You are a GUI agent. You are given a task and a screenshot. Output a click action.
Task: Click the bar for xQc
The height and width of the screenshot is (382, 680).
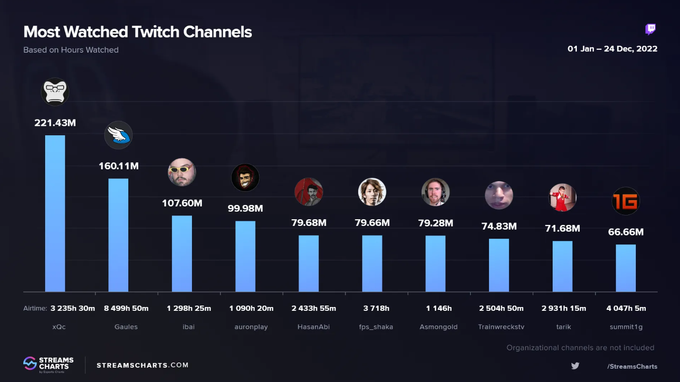[55, 214]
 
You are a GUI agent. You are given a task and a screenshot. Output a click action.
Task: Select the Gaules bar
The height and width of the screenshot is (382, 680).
[118, 235]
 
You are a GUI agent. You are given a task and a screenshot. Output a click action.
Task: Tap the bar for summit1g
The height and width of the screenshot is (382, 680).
[626, 268]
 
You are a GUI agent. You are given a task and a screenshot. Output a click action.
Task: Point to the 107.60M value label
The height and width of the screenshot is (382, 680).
[182, 203]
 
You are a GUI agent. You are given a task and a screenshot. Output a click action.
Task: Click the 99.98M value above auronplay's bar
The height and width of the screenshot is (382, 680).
[245, 208]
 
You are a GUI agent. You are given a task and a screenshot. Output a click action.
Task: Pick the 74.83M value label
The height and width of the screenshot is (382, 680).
[499, 226]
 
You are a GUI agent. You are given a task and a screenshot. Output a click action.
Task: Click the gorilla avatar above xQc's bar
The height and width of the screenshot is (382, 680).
[55, 92]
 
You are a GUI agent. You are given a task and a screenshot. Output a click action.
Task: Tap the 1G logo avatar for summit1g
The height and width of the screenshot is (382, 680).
[626, 201]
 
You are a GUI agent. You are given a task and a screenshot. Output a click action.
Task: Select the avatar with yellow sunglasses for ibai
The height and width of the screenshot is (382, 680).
[182, 172]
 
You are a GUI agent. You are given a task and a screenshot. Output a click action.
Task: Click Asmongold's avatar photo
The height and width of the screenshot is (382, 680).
[435, 192]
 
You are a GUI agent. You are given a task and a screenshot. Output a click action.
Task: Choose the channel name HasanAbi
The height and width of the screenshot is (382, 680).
[314, 327]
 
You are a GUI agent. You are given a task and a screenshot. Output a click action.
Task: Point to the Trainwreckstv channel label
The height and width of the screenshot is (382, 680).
[501, 327]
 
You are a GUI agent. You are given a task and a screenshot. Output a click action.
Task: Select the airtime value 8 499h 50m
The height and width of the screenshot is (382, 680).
[126, 308]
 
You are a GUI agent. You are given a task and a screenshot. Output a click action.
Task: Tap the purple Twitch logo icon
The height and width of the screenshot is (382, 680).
[651, 30]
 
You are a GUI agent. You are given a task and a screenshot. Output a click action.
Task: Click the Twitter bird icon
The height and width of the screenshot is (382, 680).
[575, 366]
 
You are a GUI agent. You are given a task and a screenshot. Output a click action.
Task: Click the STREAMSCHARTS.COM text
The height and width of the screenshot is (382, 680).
[143, 365]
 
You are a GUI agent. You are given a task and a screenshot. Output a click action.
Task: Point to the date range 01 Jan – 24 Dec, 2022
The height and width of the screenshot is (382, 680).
[613, 49]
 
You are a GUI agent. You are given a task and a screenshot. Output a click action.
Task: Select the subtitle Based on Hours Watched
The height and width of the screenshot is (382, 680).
[71, 50]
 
